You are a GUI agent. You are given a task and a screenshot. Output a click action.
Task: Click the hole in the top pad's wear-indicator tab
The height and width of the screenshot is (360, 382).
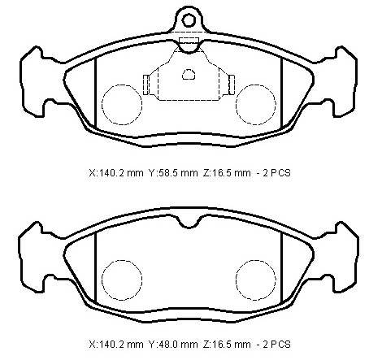click(189, 20)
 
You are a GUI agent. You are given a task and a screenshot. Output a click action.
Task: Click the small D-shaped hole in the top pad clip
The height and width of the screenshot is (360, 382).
click(189, 75)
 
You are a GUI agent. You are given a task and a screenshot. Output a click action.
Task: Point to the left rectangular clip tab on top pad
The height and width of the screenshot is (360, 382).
click(145, 85)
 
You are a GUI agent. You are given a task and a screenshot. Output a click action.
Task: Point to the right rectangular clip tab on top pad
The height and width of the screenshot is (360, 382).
click(232, 85)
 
